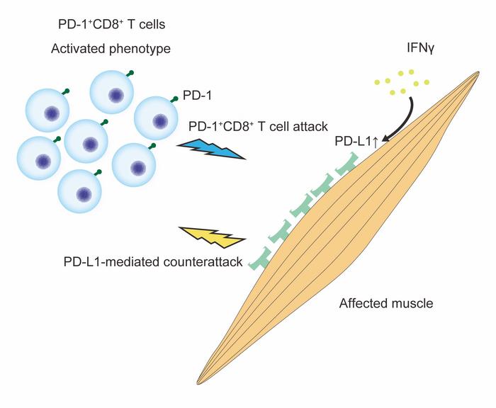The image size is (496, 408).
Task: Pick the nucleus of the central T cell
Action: [90, 143]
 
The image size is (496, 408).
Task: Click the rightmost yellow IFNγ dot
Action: [427, 83]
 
